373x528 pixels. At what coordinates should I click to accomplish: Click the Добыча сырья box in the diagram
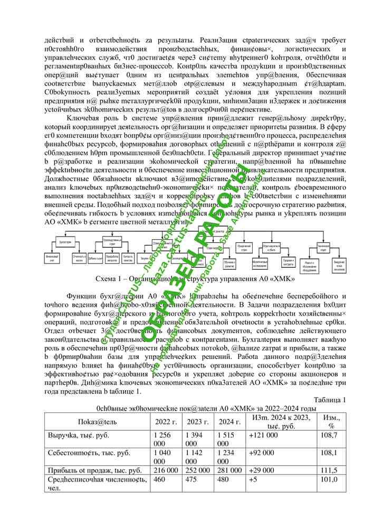tap(95, 259)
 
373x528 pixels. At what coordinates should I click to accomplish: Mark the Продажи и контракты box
tap(289, 261)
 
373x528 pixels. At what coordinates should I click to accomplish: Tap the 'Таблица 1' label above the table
tap(330, 399)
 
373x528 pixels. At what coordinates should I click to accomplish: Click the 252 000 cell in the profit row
tap(197, 470)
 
